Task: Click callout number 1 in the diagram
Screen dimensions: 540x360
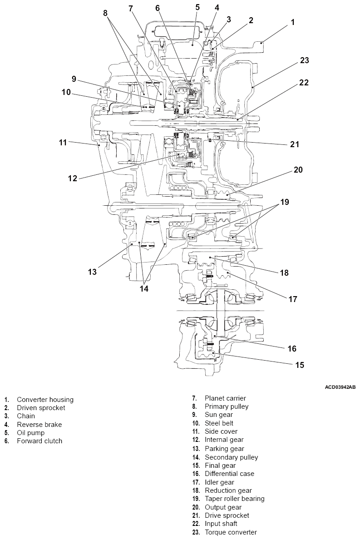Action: tap(293, 22)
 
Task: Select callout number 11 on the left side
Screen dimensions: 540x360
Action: tap(63, 142)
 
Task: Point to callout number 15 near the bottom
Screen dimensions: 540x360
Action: tap(299, 364)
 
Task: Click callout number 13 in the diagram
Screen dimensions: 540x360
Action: tap(93, 272)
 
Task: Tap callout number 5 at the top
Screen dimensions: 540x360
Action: tap(197, 7)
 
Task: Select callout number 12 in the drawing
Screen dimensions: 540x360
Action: tap(73, 178)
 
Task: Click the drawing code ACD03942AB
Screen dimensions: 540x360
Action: tap(340, 387)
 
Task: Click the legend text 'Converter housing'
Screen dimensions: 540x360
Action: tap(45, 400)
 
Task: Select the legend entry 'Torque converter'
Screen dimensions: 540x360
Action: tap(231, 532)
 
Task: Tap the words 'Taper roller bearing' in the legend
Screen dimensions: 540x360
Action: tap(234, 499)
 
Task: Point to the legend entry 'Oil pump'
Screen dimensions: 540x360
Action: tap(31, 433)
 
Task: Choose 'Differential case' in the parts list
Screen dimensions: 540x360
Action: tap(229, 474)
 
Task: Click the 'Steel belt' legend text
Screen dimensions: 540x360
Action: tap(219, 423)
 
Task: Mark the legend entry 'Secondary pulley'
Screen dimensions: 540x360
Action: tap(231, 457)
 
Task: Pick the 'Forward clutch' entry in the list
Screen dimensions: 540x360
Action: tap(39, 441)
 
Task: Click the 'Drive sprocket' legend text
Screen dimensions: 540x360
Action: tap(227, 515)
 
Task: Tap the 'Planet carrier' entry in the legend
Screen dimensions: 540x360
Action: tap(225, 398)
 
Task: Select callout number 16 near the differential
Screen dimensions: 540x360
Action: tap(291, 348)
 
